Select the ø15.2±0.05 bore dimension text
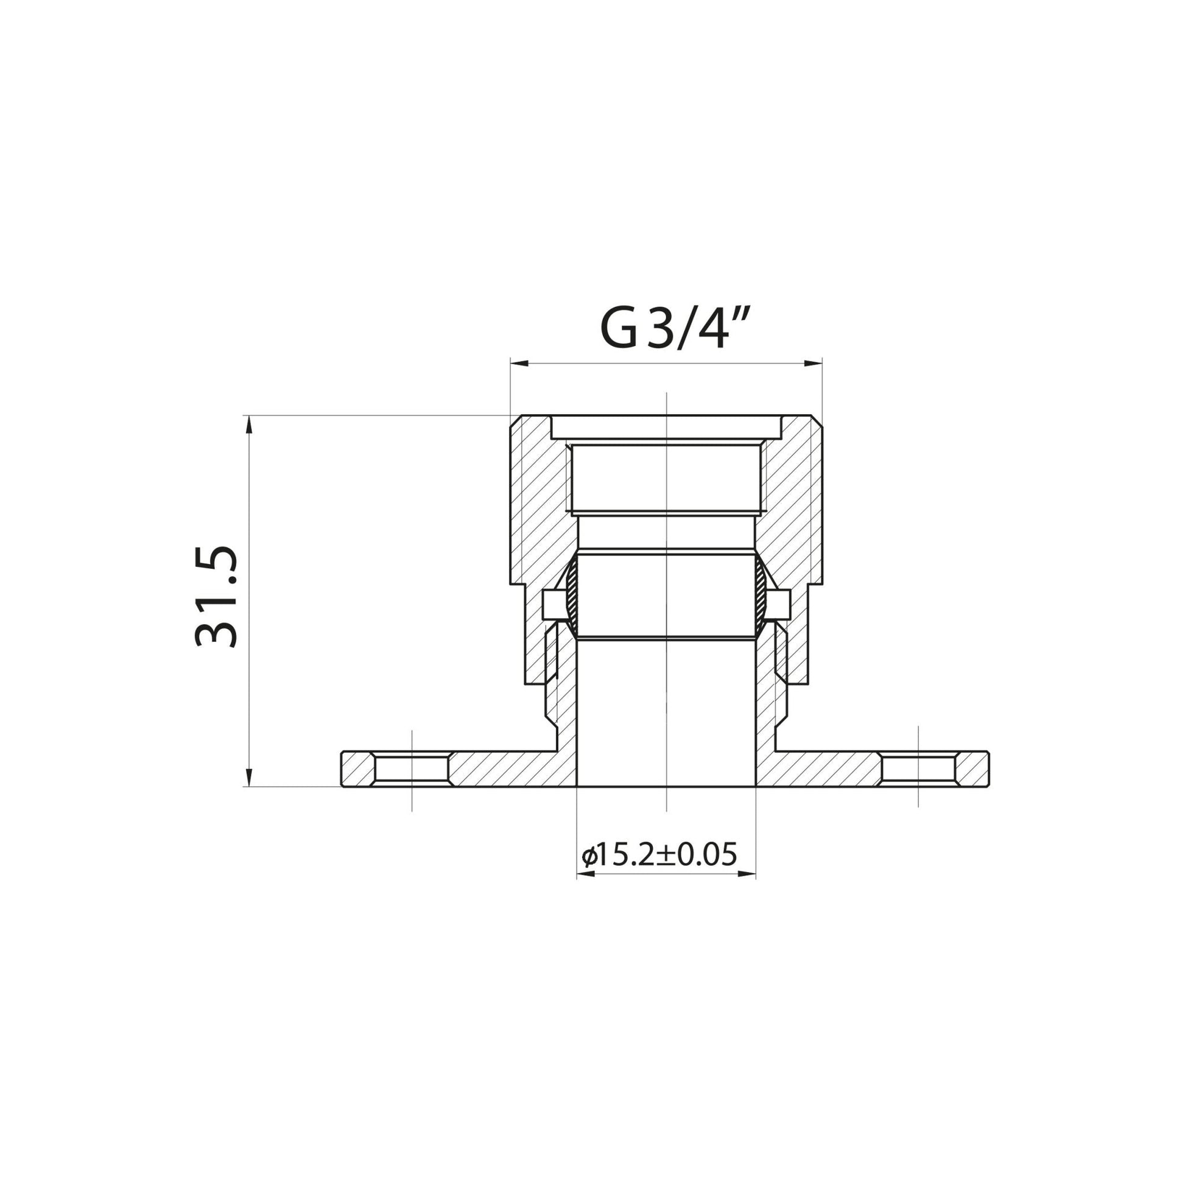pyautogui.click(x=659, y=854)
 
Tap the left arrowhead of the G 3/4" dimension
pyautogui.click(x=519, y=364)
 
